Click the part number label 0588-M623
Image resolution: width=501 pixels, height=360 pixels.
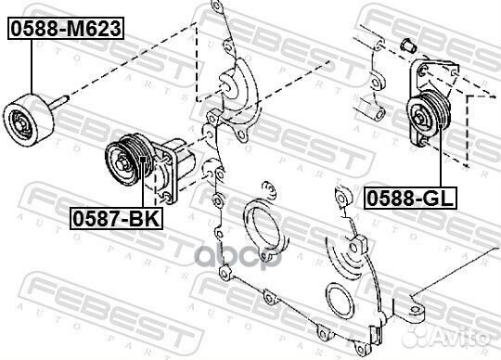click(x=65, y=29)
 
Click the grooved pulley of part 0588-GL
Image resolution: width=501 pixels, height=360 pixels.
click(x=433, y=116)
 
